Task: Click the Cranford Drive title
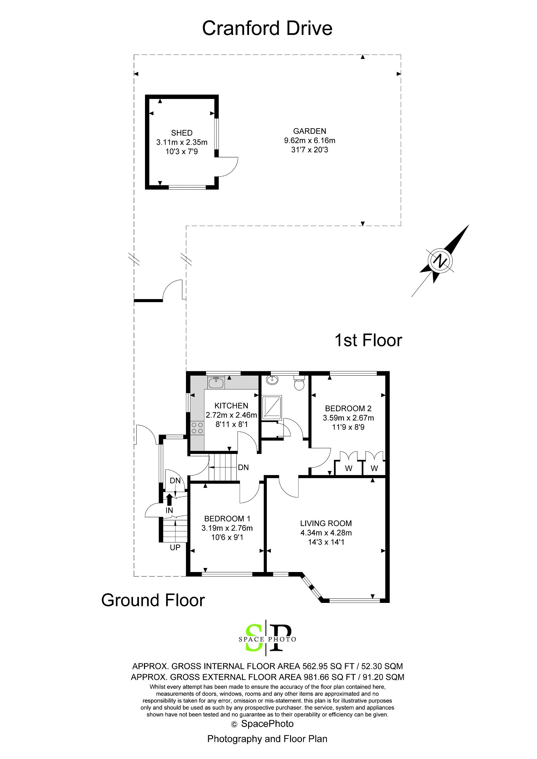click(267, 28)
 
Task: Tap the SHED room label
click(182, 133)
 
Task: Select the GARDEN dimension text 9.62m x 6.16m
click(309, 140)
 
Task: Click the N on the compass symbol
click(440, 260)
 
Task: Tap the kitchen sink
click(215, 382)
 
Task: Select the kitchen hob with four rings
click(197, 428)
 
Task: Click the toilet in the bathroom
click(299, 383)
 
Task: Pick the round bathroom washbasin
click(272, 380)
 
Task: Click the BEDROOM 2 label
click(348, 408)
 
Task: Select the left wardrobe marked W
click(349, 468)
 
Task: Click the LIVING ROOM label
click(326, 523)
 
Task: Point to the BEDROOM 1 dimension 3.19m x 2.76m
click(227, 528)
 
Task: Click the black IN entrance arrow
click(169, 499)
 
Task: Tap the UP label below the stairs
click(175, 548)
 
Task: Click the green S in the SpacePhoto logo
click(254, 637)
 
